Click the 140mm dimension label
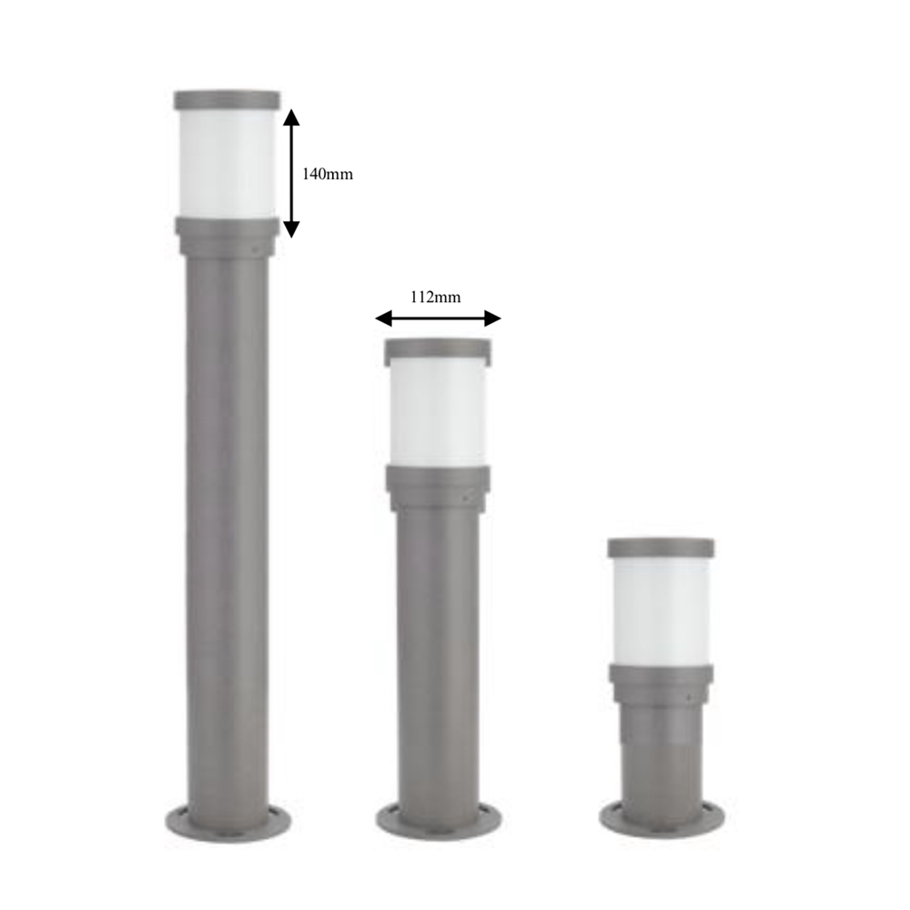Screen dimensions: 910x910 328,174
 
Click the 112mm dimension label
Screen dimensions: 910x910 435,298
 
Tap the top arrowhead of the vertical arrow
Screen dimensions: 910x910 292,117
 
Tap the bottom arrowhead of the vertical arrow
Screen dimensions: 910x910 292,229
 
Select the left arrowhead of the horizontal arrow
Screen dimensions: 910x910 384,318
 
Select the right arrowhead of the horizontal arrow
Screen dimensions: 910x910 492,318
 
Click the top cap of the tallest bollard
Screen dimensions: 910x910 227,100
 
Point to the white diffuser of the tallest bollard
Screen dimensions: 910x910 227,163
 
